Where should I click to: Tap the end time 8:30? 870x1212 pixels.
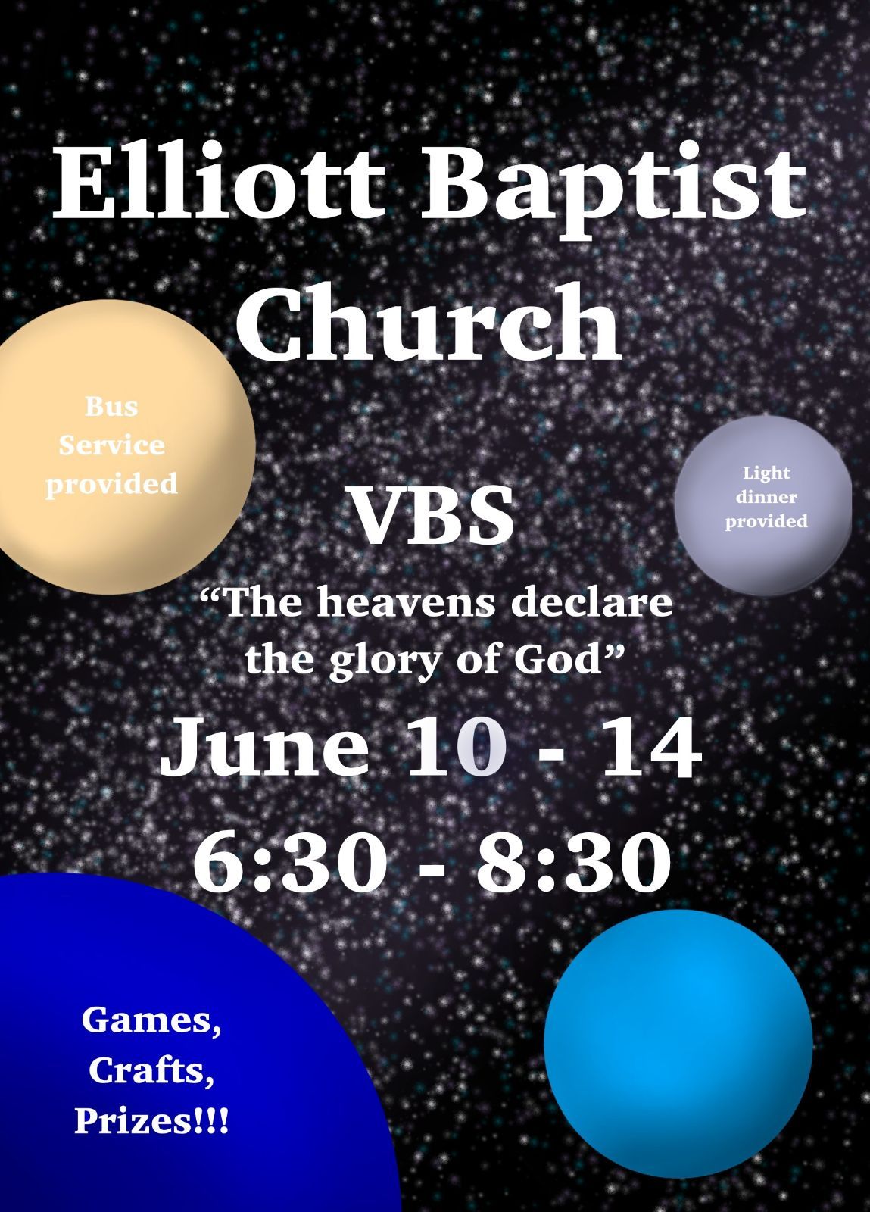pyautogui.click(x=573, y=862)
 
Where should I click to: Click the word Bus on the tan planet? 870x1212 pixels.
pyautogui.click(x=111, y=407)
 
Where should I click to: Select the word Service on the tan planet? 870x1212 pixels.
pyautogui.click(x=111, y=445)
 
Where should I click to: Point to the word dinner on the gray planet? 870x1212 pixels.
pyautogui.click(x=766, y=498)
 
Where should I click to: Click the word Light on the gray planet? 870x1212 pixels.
pyautogui.click(x=766, y=473)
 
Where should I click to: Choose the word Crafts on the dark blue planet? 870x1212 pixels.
pyautogui.click(x=151, y=1070)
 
